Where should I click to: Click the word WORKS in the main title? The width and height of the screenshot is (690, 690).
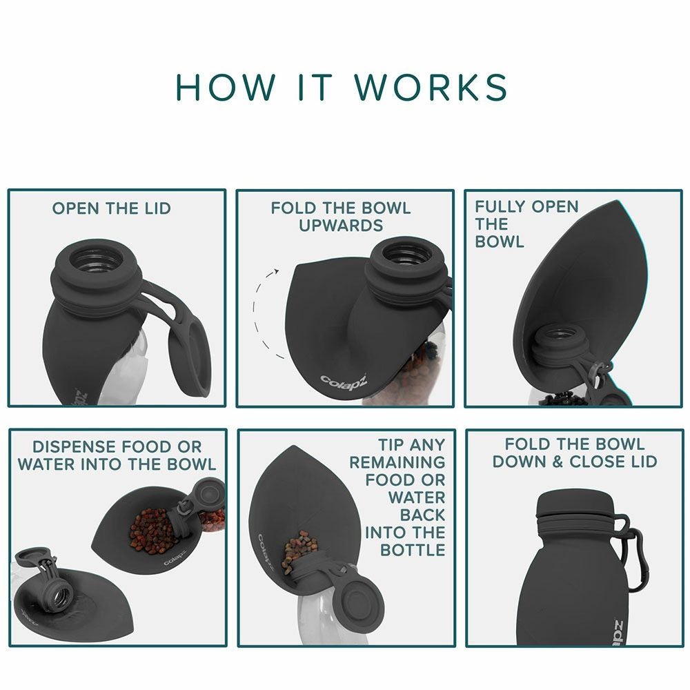click(431, 87)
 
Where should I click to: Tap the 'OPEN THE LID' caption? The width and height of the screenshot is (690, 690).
click(111, 208)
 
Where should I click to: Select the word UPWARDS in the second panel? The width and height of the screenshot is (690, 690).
click(341, 226)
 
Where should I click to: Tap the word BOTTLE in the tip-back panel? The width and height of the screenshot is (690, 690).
click(413, 550)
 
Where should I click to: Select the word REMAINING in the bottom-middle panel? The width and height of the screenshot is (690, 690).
click(397, 462)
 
